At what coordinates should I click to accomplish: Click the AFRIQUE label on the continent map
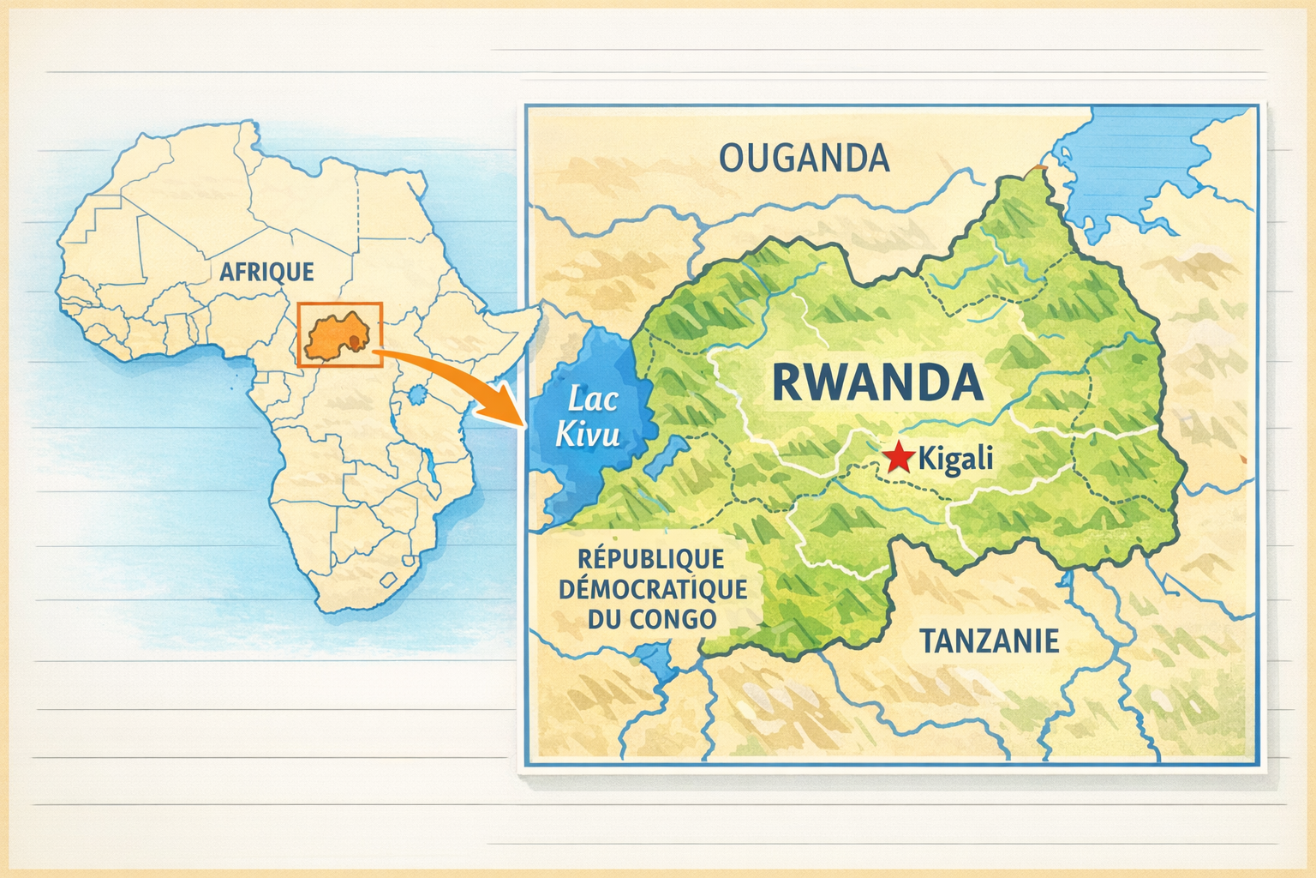(x=266, y=272)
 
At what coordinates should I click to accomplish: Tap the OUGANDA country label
(x=804, y=158)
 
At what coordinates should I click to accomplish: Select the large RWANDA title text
(x=877, y=382)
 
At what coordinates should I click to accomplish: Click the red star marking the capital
(x=899, y=458)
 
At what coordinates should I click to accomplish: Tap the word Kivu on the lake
(x=587, y=435)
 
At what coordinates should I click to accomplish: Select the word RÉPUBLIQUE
(x=652, y=559)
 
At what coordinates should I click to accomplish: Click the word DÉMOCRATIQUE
(x=652, y=589)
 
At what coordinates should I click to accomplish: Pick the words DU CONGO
(x=652, y=619)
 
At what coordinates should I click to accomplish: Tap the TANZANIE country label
(x=989, y=640)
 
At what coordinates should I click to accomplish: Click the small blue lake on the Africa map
(x=417, y=395)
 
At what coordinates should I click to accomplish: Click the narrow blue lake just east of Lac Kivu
(x=666, y=454)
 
